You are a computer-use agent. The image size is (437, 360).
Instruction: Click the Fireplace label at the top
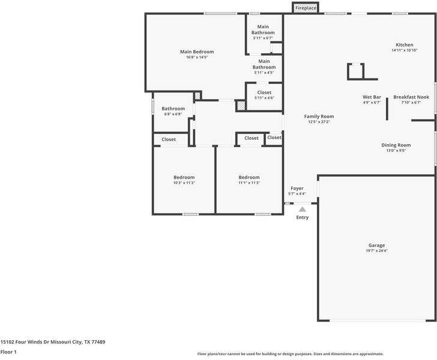(306, 8)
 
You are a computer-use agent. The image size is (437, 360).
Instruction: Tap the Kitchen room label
(404, 45)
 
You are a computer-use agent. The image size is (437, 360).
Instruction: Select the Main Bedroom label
(197, 52)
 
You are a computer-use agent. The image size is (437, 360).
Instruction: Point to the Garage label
(376, 245)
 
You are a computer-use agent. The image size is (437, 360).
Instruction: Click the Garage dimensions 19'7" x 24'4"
(376, 251)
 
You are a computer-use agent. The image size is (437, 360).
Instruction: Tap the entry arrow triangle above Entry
(303, 209)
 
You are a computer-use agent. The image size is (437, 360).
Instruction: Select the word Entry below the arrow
(303, 217)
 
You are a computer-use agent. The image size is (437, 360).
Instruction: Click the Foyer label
(297, 188)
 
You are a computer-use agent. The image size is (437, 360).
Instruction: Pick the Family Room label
(319, 116)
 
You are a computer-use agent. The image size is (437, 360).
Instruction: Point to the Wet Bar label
(372, 97)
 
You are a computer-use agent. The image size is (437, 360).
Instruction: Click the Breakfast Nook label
(411, 97)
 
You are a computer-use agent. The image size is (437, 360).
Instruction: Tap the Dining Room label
(396, 145)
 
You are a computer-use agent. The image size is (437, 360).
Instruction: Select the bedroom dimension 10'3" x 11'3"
(184, 183)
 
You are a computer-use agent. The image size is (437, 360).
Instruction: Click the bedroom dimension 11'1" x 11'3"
(249, 183)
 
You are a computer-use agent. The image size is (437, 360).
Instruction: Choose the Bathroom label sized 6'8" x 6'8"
(173, 109)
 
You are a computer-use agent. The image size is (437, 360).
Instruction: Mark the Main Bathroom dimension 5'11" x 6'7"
(263, 38)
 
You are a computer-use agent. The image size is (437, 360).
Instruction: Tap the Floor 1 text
(9, 352)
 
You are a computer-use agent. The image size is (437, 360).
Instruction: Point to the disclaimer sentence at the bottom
(290, 354)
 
